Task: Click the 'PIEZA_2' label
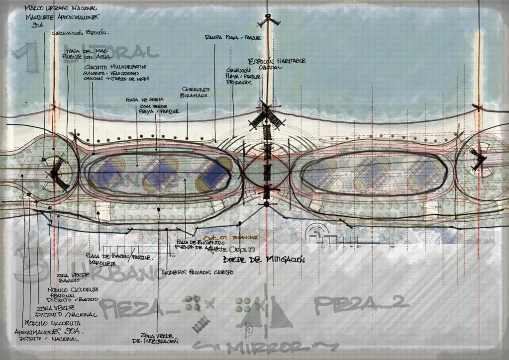(362, 302)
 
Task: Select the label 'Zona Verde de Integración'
(159, 338)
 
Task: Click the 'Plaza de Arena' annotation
(138, 99)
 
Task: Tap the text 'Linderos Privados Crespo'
(198, 272)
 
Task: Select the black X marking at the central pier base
(267, 115)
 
